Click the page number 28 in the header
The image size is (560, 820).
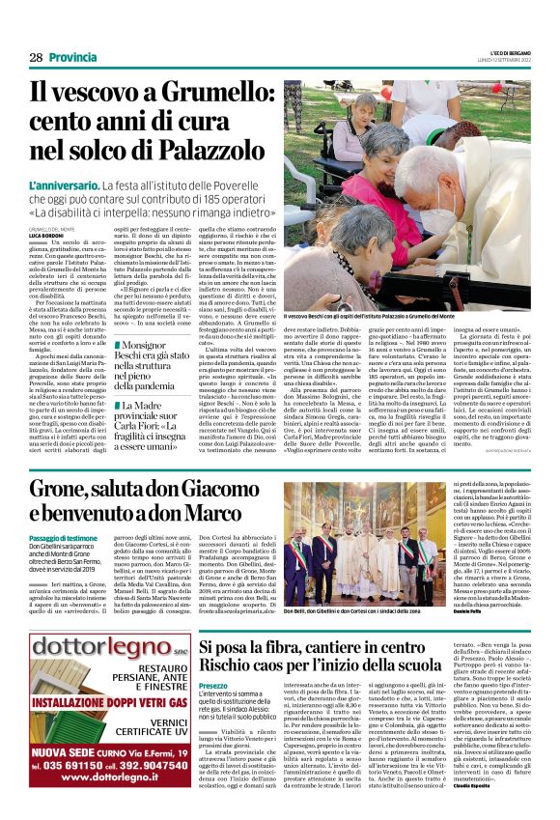(x=36, y=58)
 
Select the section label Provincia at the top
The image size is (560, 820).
(x=72, y=58)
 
